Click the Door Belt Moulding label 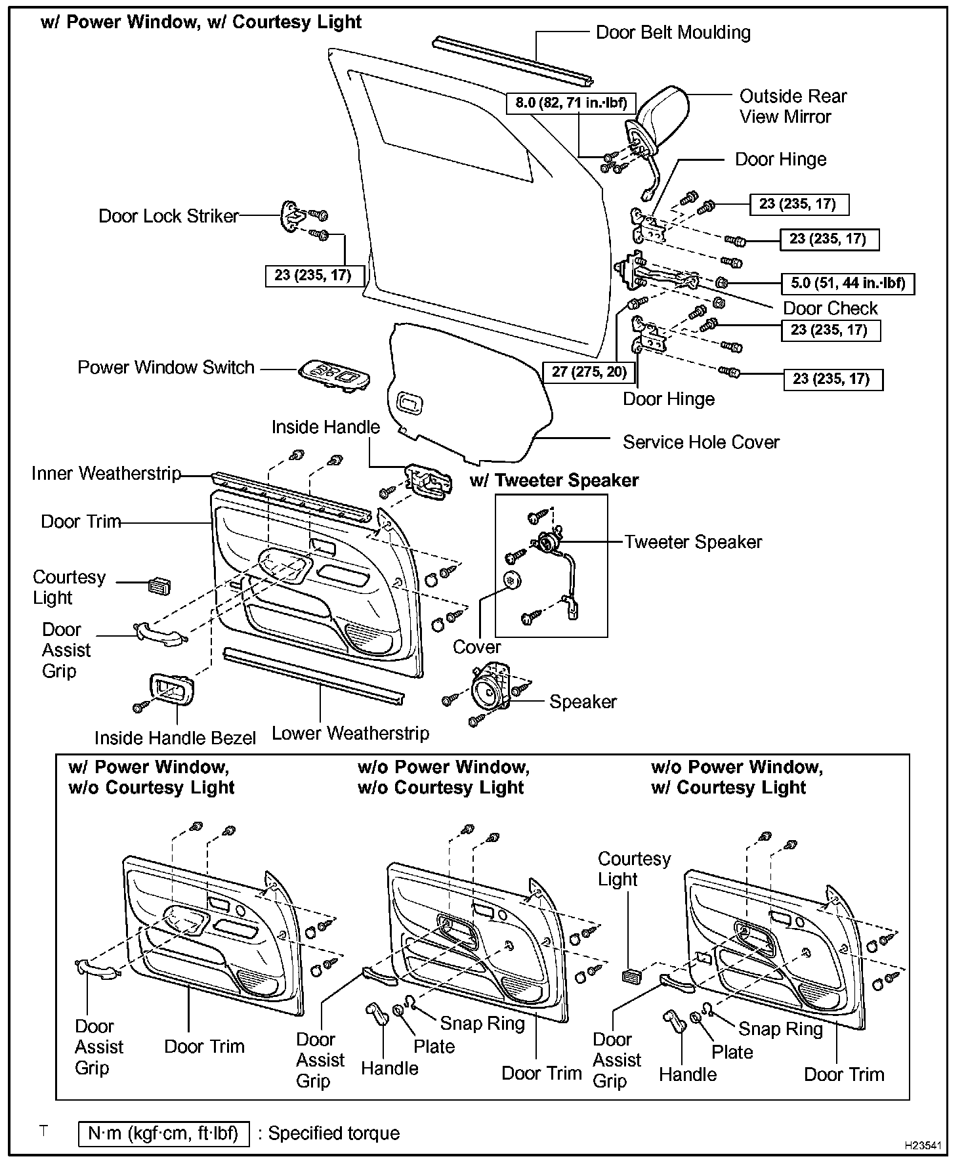(x=673, y=33)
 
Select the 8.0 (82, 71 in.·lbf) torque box (x=571, y=102)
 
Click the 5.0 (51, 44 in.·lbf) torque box (x=848, y=284)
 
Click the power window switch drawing (x=333, y=375)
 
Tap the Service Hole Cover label (x=701, y=442)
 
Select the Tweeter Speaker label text (x=693, y=542)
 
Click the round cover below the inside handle (x=511, y=580)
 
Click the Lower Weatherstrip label (x=350, y=733)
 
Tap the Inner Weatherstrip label (x=106, y=473)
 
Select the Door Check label (x=830, y=308)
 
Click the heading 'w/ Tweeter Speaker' (x=554, y=480)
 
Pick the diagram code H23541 (x=923, y=1146)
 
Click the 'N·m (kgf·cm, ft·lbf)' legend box (x=163, y=1133)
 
